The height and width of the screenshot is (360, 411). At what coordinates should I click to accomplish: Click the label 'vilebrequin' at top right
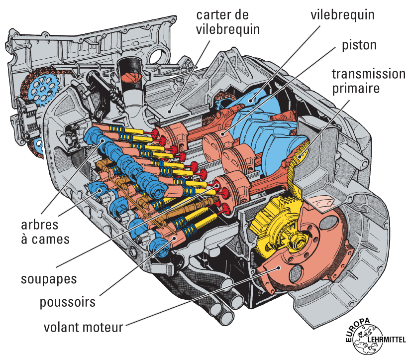[x=342, y=15]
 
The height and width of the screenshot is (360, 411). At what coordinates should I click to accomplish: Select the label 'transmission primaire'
[x=368, y=81]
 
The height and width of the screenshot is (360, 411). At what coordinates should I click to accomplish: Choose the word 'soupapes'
[x=49, y=278]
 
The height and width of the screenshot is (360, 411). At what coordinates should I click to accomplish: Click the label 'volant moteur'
[x=83, y=328]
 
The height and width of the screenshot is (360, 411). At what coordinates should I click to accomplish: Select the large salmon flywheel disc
[x=318, y=249]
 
